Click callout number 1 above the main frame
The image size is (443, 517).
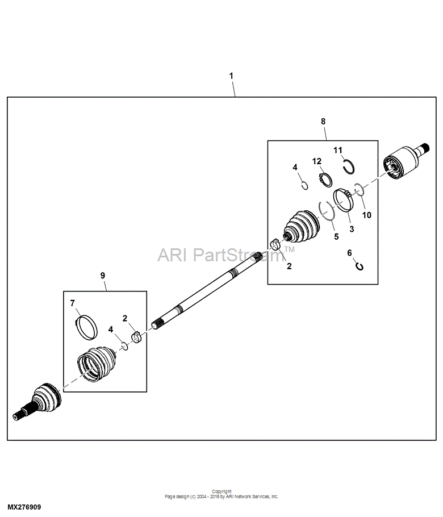click(231, 76)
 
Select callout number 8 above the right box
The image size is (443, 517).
click(323, 122)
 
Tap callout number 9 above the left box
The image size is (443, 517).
click(102, 276)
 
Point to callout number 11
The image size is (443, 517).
click(338, 151)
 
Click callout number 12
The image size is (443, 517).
click(317, 161)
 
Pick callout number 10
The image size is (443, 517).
click(367, 215)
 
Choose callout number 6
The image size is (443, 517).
click(350, 253)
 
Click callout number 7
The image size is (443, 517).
click(73, 303)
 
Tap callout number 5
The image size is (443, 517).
click(336, 236)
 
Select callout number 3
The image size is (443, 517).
click(352, 229)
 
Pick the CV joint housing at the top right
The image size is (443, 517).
click(405, 161)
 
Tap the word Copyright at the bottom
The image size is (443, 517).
click(221, 491)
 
